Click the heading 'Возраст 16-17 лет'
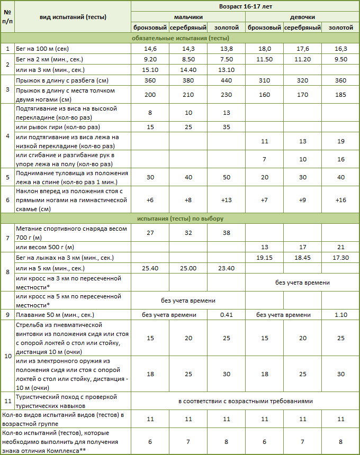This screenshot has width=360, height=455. pos(245,6)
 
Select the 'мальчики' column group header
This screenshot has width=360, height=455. pos(188,17)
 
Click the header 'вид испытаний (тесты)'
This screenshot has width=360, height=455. pos(73,17)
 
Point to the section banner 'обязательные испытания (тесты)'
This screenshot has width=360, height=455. pos(180,38)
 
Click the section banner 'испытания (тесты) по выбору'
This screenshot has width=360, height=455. pos(180,218)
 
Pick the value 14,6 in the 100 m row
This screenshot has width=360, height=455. pos(150,49)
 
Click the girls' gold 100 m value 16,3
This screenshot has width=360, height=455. pos(340,49)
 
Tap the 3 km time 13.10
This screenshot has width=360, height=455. pos(226,70)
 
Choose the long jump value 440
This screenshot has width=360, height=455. pos(226,80)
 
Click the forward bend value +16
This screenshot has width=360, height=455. pos(340,200)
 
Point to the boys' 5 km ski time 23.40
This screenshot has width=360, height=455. pos(226,268)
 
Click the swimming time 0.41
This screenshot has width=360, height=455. pos(226,315)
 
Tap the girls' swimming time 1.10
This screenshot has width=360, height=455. pos(340,315)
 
